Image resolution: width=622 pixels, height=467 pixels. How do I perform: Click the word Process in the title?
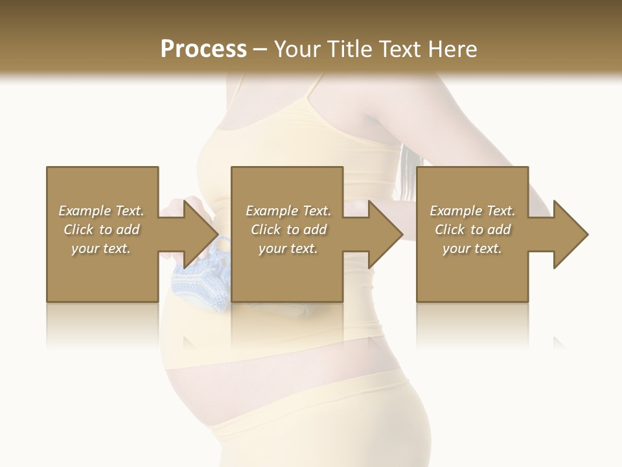point(203,49)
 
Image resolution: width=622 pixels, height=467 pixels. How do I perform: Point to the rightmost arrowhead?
point(571,234)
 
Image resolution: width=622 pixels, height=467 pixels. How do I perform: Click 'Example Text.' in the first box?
point(101,211)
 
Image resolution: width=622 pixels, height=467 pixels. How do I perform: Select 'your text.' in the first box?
point(101,248)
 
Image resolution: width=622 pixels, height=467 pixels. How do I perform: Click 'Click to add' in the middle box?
point(288,230)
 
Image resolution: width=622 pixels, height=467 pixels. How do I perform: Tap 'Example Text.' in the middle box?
point(288,211)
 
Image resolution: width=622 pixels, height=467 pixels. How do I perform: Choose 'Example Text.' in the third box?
point(472,211)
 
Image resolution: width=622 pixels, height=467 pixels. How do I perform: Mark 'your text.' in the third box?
point(472,248)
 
